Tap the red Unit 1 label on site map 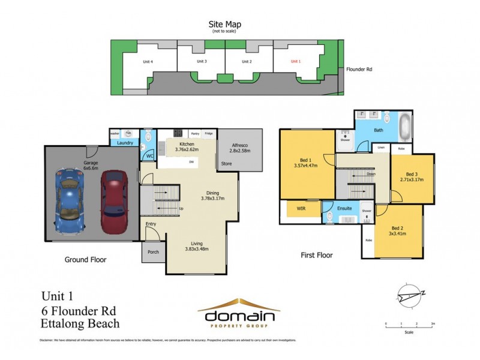(295, 61)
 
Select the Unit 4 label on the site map (147, 61)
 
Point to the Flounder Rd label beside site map (359, 70)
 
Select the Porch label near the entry (153, 252)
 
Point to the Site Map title (225, 25)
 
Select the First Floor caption (316, 255)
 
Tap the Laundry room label (125, 143)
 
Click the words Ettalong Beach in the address (80, 324)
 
